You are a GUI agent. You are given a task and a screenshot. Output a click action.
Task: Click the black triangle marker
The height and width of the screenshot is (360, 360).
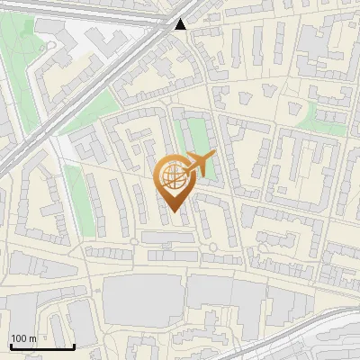(x=182, y=23)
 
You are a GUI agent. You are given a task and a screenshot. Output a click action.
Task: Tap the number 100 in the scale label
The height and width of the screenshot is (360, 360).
(x=19, y=338)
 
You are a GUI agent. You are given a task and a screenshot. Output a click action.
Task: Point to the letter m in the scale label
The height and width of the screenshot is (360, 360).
(x=32, y=338)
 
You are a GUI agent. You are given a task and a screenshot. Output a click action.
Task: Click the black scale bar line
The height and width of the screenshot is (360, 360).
(x=41, y=346)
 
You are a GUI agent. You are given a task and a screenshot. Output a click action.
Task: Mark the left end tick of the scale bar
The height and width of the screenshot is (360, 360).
(x=10, y=345)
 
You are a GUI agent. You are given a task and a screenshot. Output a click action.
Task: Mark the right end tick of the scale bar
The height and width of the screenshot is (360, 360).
(x=74, y=345)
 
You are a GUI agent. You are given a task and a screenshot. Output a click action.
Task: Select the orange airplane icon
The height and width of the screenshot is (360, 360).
(x=200, y=165)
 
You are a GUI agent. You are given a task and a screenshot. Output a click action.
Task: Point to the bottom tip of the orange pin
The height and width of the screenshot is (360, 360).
(x=173, y=213)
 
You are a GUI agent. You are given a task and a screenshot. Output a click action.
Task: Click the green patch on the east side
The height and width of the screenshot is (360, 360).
(x=324, y=117)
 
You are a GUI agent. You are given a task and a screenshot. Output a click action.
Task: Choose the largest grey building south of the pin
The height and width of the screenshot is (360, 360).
(x=144, y=301)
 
